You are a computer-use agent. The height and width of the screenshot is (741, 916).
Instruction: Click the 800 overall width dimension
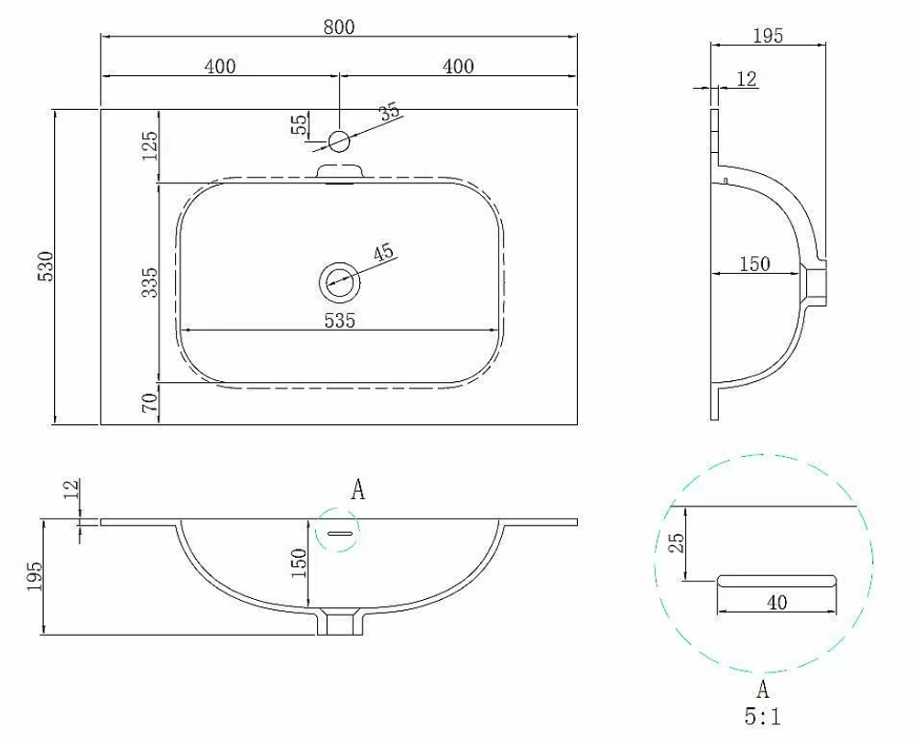339,27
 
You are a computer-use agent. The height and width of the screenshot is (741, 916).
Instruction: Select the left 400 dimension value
220,66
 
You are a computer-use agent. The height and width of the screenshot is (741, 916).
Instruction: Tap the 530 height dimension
46,267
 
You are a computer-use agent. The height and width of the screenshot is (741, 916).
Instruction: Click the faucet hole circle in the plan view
339,141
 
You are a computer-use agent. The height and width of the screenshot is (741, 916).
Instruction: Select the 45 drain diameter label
384,253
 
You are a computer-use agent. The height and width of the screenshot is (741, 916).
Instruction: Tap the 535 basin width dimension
340,320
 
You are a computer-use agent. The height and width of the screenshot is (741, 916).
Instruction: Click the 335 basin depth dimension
150,283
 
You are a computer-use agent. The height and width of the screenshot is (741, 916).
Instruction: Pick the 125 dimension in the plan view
150,146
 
